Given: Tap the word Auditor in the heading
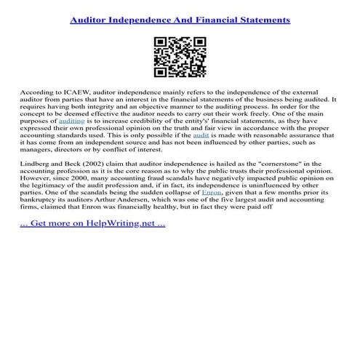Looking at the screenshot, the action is click(94, 20).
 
